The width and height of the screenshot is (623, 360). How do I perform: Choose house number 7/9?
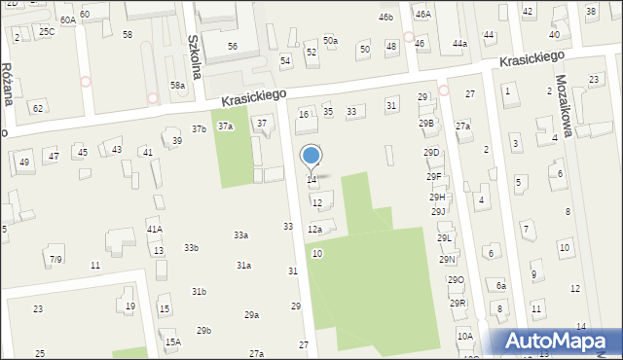coord(56,259)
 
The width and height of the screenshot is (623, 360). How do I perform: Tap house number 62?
coord(37,107)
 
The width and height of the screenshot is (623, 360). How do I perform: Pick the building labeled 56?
coord(232,47)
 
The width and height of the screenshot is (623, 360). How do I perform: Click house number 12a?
coord(314,230)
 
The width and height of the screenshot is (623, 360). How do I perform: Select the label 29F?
coord(433,176)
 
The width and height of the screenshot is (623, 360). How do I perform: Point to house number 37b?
coord(199,129)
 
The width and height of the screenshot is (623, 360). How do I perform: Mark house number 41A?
coord(154,229)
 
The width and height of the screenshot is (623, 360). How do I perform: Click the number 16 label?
coord(304,115)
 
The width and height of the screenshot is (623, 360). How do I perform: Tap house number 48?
coord(390,46)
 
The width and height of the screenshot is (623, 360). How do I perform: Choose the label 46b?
coord(386,18)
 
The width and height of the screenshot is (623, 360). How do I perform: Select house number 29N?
coord(447,260)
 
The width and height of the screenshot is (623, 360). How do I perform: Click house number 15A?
coord(172,342)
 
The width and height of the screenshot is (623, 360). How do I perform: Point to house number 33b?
coord(191,248)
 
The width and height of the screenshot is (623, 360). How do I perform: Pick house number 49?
coord(24,162)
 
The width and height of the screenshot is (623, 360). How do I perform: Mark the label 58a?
coord(177,86)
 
